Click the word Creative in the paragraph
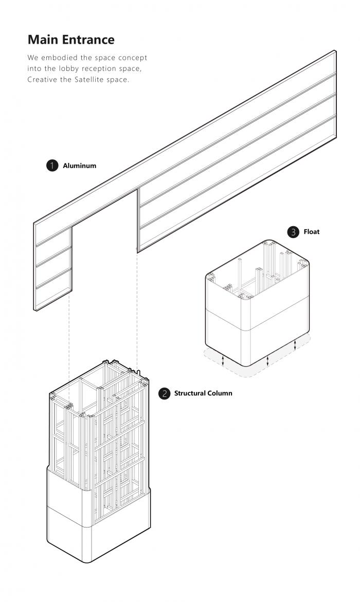point(43,80)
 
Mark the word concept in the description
point(132,57)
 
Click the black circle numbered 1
point(51,166)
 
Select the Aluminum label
point(79,166)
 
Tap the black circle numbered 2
point(164,393)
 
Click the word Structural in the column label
point(189,393)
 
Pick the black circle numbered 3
point(293,232)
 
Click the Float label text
point(311,232)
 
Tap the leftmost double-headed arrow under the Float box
point(223,360)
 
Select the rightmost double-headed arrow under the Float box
point(295,344)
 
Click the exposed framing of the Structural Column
point(103,432)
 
